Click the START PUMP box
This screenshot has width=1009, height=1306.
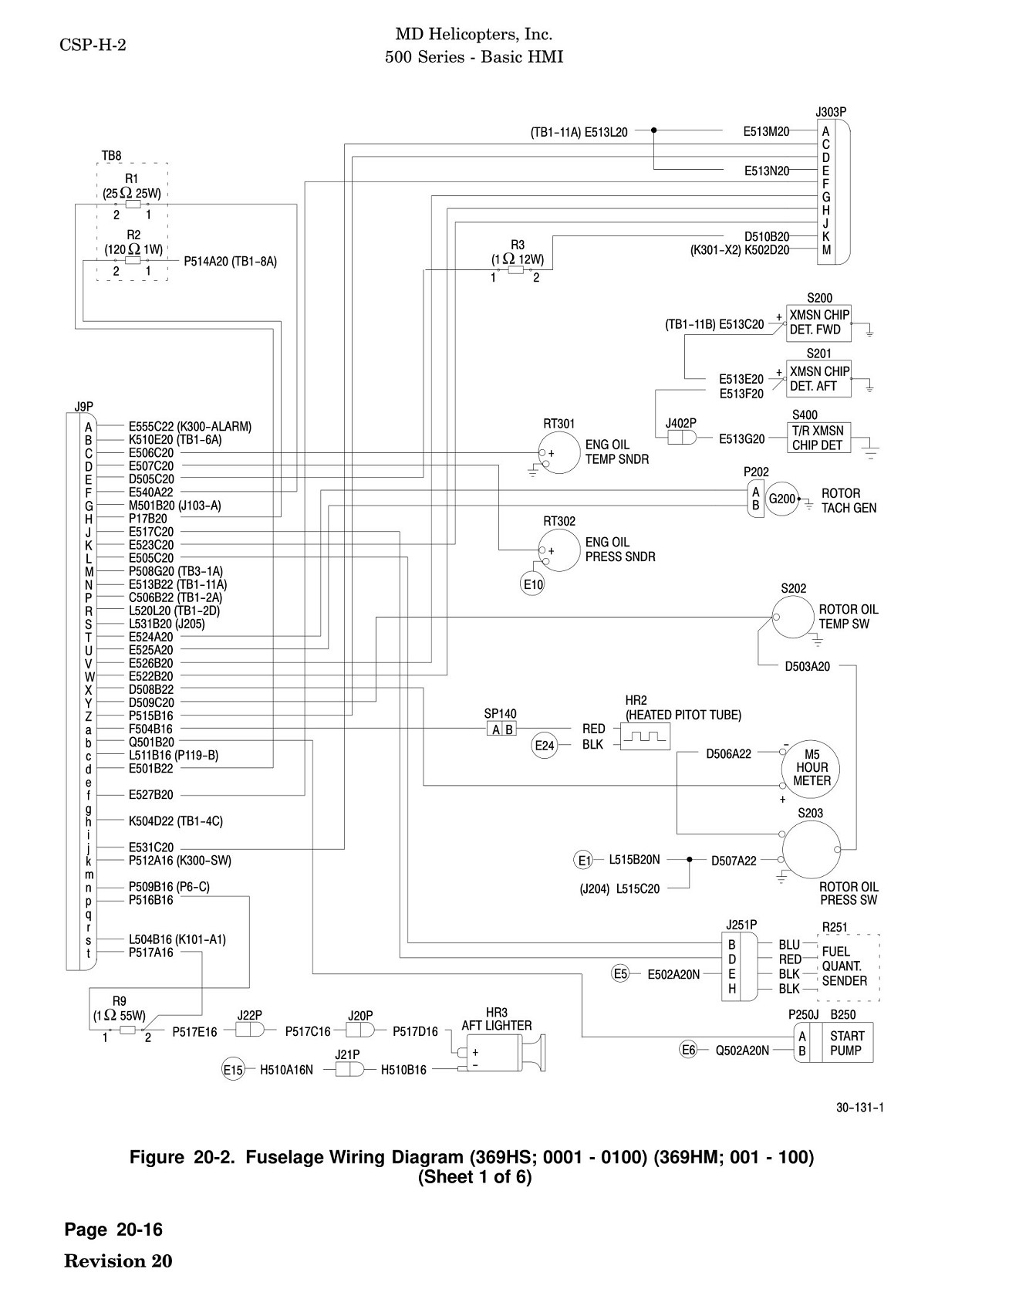848,1043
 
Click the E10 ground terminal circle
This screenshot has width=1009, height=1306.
533,585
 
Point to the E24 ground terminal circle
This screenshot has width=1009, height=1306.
545,746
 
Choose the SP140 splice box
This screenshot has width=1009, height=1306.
501,729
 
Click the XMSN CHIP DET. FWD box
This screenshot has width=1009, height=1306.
818,323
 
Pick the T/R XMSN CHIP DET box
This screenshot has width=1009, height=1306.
818,438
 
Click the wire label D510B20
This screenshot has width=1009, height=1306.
767,237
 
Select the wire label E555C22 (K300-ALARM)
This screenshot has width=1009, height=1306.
190,427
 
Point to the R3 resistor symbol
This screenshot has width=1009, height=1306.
515,270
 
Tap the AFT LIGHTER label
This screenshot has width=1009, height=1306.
496,1026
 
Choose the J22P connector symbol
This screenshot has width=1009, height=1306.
249,1030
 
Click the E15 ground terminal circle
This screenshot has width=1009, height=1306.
233,1070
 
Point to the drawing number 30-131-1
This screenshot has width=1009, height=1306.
860,1108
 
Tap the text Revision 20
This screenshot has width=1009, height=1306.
118,1261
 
